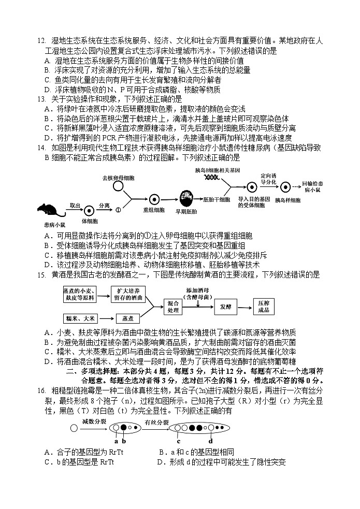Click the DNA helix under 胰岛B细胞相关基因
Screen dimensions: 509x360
(211, 178)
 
